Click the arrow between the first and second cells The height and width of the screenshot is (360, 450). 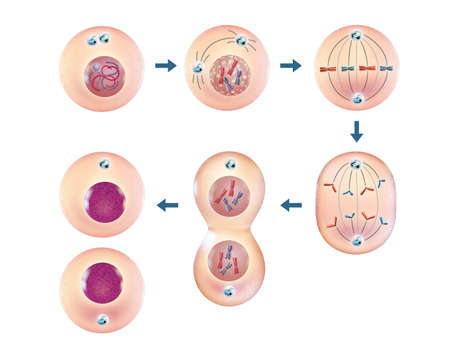point(166,66)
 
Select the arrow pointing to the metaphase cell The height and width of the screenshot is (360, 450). point(291,66)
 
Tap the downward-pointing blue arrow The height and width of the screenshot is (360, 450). point(357,131)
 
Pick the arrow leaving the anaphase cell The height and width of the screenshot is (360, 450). point(291,205)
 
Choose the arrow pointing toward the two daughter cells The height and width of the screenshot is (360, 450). point(167,205)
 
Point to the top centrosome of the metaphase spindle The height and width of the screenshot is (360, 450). point(357,40)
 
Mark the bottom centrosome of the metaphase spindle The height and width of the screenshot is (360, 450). point(357,99)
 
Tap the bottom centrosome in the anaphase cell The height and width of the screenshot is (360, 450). point(357,240)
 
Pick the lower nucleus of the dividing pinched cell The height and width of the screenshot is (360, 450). point(229,263)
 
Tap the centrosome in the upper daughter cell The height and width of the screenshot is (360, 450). point(104,163)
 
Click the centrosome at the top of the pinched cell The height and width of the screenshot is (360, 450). point(229,163)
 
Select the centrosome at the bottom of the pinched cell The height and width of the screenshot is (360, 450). point(229,292)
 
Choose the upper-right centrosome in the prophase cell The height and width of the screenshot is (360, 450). point(240,41)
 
